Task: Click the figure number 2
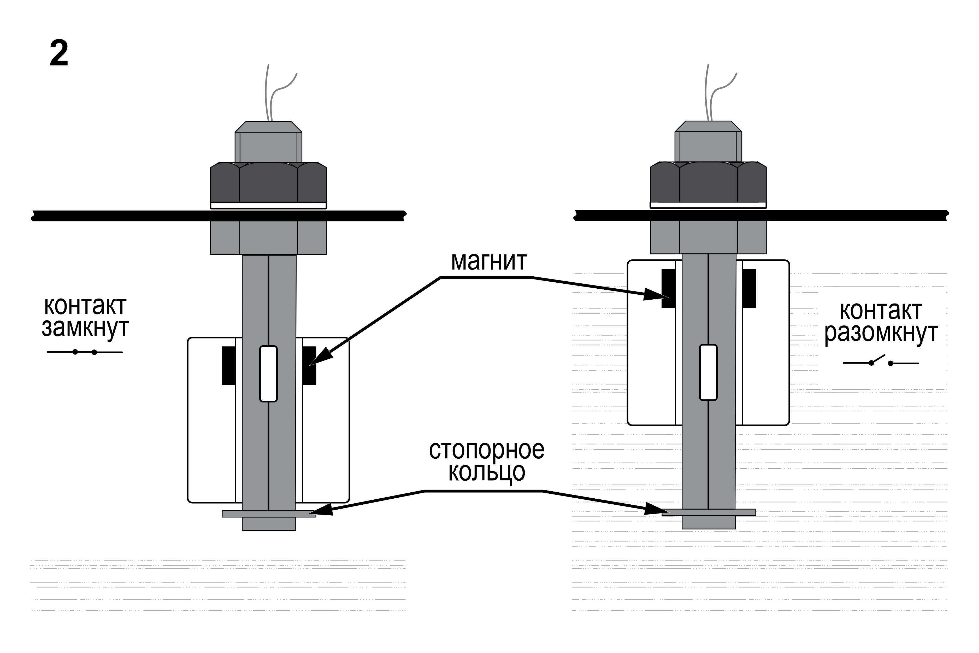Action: [59, 53]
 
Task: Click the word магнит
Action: [489, 261]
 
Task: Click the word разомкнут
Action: [881, 333]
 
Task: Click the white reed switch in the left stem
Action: [268, 374]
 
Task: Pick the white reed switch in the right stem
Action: [708, 372]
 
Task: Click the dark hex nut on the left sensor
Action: [268, 182]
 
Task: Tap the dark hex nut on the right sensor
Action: [708, 182]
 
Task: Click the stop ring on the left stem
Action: [269, 514]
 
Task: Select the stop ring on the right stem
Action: [709, 512]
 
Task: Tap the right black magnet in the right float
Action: [749, 288]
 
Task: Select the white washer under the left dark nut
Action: [268, 205]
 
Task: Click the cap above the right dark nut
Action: [708, 142]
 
